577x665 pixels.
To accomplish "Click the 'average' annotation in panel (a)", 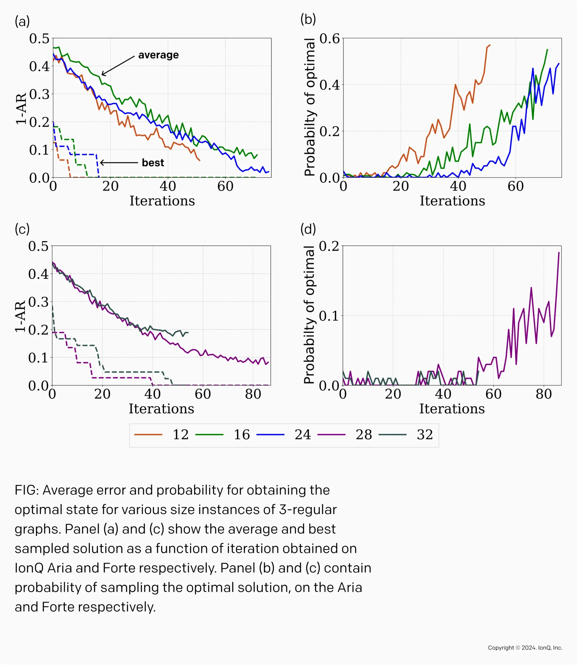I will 158,55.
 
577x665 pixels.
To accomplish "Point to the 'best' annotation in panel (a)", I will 153,163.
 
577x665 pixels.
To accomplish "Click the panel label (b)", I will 308,19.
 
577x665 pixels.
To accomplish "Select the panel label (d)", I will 308,229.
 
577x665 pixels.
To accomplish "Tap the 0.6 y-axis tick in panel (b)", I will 330,39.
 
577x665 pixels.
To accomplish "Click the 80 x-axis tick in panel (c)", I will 253,394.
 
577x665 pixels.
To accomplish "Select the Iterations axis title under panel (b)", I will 452,201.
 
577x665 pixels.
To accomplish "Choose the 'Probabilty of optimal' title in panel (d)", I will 309,315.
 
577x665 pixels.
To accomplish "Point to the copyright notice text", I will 525,648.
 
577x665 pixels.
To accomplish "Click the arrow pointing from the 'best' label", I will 119,163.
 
